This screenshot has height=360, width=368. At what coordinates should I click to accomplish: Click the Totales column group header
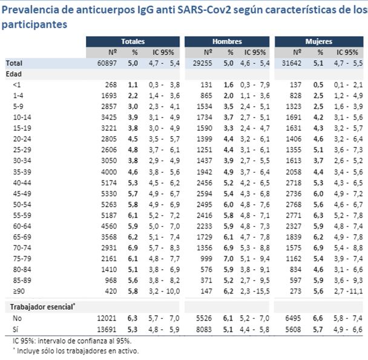132,41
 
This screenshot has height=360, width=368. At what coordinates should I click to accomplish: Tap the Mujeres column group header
318,41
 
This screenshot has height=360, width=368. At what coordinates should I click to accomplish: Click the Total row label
15,62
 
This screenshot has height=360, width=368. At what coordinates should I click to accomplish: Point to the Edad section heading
13,73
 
